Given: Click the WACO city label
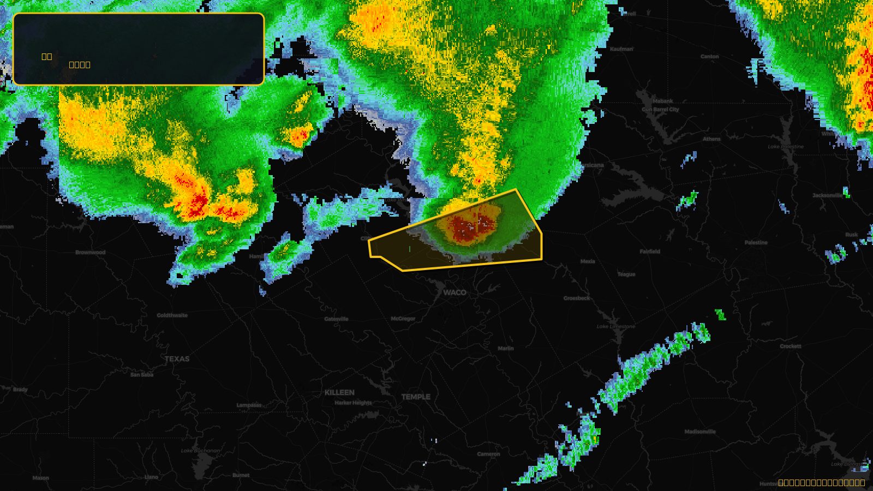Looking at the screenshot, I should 455,292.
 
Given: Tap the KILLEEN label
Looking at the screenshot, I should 339,392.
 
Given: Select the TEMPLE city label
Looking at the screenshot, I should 416,397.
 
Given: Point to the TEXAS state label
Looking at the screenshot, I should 177,359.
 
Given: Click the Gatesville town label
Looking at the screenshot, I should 336,319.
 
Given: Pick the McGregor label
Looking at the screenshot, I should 403,319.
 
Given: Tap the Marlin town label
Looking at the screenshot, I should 506,348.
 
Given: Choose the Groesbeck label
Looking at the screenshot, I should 577,298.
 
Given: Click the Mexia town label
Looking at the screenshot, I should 588,261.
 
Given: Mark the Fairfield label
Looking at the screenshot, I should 650,252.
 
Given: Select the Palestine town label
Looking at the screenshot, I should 756,242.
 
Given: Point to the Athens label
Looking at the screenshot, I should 711,139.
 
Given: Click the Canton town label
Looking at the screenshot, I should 709,56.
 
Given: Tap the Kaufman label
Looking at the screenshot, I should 621,49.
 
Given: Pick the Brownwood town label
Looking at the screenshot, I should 91,253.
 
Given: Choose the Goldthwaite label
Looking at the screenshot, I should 172,315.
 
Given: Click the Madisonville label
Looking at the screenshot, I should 700,432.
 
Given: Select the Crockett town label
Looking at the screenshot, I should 791,346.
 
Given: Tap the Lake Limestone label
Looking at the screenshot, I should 615,326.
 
